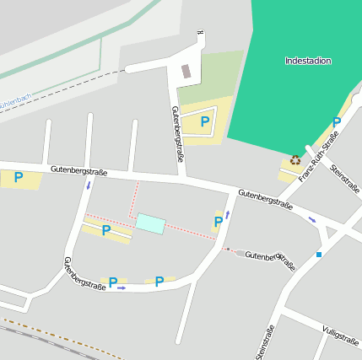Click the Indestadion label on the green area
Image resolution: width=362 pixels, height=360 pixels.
click(308, 61)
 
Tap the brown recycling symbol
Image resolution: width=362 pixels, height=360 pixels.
click(295, 160)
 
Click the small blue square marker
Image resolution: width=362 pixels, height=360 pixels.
click(319, 254)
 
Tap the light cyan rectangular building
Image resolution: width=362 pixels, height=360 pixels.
click(151, 223)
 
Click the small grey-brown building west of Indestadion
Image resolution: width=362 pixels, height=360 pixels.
click(186, 72)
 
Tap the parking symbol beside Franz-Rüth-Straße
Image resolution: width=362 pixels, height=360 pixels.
click(336, 122)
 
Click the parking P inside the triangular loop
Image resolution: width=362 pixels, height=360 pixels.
click(205, 122)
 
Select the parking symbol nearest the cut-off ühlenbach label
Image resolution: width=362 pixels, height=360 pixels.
click(18, 177)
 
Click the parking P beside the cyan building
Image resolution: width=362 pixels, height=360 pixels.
click(106, 229)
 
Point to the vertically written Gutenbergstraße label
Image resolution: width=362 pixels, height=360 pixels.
click(178, 133)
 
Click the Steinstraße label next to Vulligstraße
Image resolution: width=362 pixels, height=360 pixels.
click(262, 341)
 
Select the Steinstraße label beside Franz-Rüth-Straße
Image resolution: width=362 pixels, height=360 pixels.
click(345, 177)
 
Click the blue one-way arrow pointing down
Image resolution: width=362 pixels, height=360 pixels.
click(88, 185)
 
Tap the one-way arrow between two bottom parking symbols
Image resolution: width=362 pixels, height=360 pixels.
click(122, 288)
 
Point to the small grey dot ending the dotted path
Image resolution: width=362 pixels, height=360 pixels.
click(227, 249)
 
